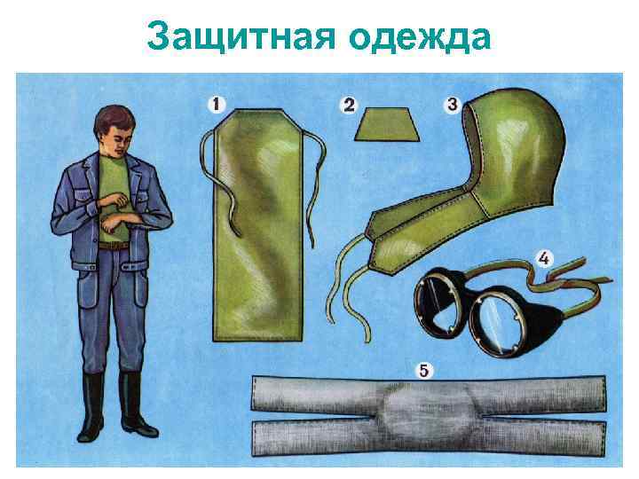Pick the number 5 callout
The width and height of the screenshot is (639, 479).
[426, 370]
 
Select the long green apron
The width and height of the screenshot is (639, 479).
[257, 231]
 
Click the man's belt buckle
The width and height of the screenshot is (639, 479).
[114, 246]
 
